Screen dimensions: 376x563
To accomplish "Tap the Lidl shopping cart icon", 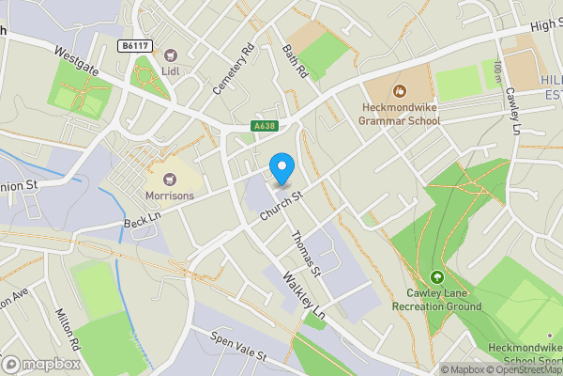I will pos(171,55).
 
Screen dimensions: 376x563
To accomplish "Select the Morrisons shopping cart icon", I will pos(170,179).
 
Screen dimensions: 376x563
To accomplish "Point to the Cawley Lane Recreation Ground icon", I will pos(437,276).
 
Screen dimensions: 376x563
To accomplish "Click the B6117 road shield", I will pos(134,44).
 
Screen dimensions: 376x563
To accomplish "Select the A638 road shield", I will pos(264,126).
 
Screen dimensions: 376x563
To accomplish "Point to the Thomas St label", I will pos(306,253).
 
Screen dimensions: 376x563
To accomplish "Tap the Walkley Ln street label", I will pos(306,295).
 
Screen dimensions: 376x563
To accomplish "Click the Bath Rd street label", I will pos(296,58).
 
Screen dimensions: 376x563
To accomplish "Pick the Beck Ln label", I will pos(143,223).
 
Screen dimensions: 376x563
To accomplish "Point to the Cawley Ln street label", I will pos(514,111).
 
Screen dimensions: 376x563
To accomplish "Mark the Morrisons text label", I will pos(170,196).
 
